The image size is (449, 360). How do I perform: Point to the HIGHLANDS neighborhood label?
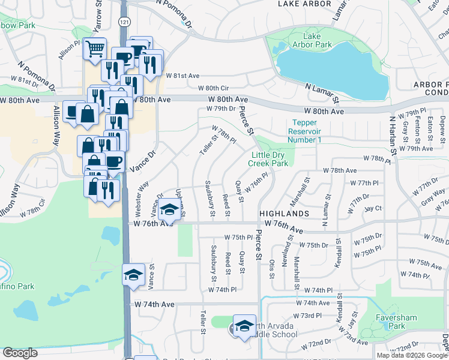click(284, 214)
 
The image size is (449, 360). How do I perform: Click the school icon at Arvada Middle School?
click(244, 327)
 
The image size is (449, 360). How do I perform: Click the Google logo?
click(20, 353)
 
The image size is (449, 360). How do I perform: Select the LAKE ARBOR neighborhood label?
click(304, 4)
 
